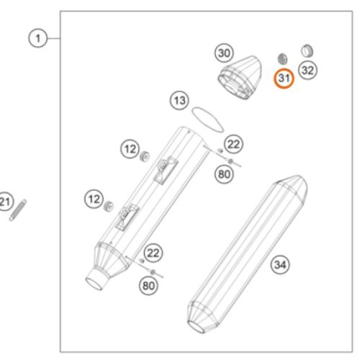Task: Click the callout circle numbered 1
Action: pyautogui.click(x=38, y=38)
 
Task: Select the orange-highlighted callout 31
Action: pyautogui.click(x=284, y=78)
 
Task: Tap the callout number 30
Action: pyautogui.click(x=224, y=53)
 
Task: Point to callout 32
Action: pyautogui.click(x=307, y=71)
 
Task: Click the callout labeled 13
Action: pyautogui.click(x=179, y=100)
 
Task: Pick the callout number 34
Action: pyautogui.click(x=280, y=265)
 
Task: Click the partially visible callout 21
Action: pyautogui.click(x=5, y=202)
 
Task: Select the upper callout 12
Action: pyautogui.click(x=130, y=149)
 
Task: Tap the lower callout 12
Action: pyautogui.click(x=94, y=199)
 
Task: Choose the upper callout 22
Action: pyautogui.click(x=233, y=144)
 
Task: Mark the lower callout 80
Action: pyautogui.click(x=148, y=286)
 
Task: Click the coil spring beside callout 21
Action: pyautogui.click(x=18, y=210)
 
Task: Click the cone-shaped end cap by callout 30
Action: pyautogui.click(x=240, y=78)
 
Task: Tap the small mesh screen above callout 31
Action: pyautogui.click(x=282, y=59)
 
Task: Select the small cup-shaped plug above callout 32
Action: pyautogui.click(x=307, y=50)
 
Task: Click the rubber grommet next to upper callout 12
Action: pyautogui.click(x=145, y=156)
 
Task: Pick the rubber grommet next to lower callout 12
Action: pyautogui.click(x=109, y=206)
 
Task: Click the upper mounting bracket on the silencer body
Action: pyautogui.click(x=166, y=170)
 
